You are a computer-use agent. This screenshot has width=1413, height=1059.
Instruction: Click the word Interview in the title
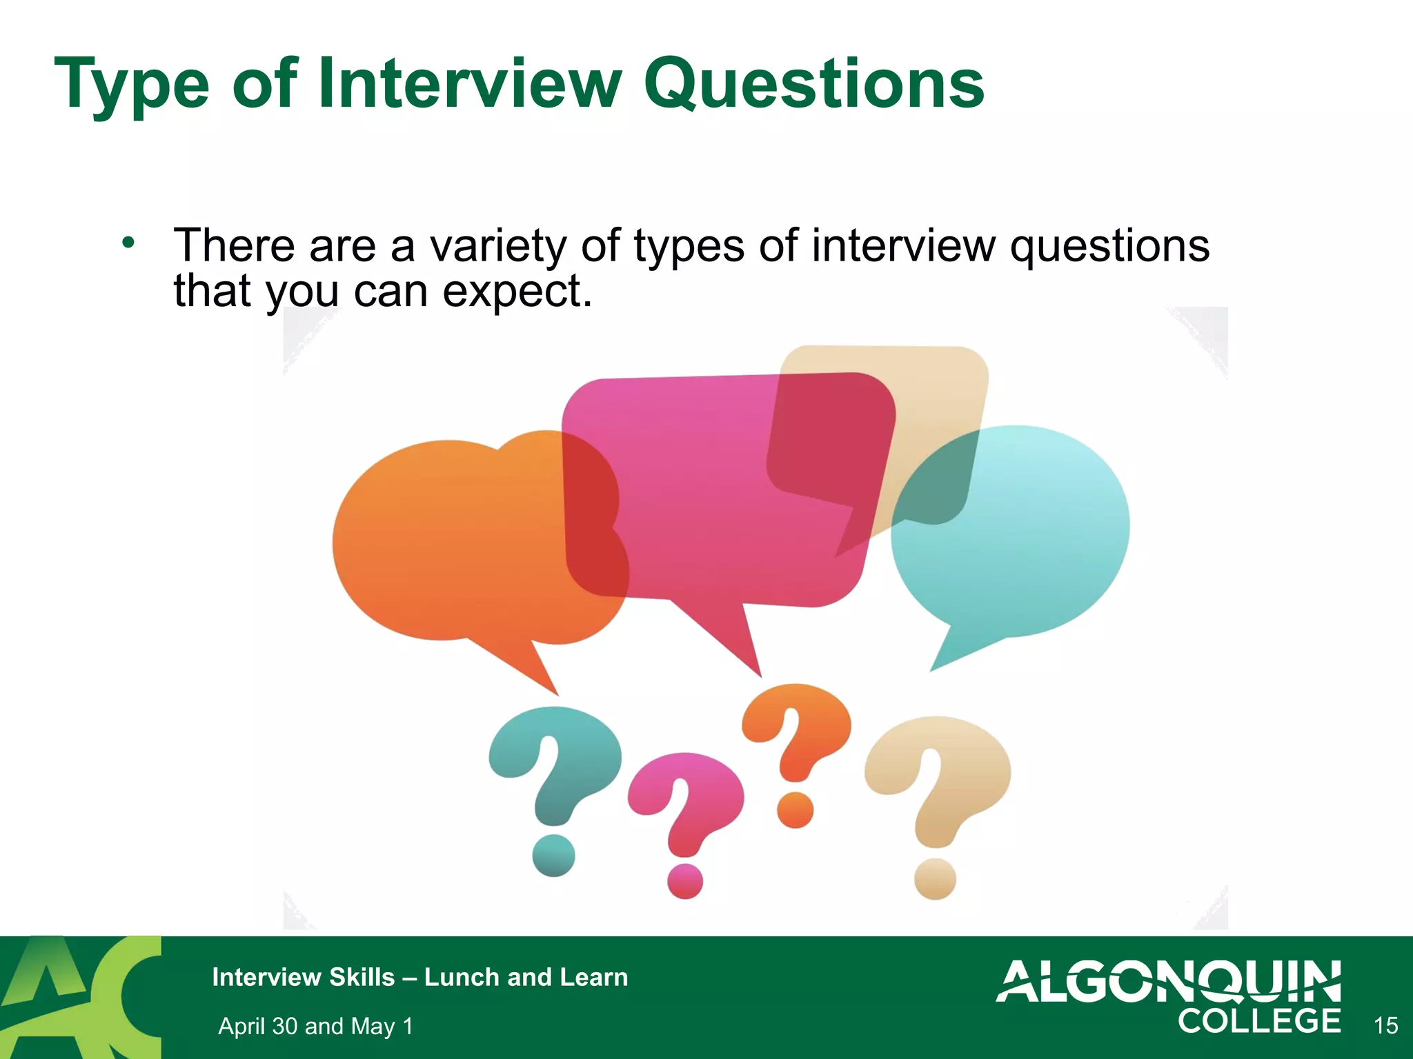tap(469, 84)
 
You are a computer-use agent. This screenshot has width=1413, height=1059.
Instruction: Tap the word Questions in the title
tap(814, 85)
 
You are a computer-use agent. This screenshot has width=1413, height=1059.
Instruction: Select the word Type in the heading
tap(131, 85)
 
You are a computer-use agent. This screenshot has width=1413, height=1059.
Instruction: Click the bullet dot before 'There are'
tap(128, 243)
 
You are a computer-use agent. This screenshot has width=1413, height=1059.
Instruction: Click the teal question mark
tap(555, 765)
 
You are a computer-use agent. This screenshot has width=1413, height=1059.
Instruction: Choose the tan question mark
tap(938, 779)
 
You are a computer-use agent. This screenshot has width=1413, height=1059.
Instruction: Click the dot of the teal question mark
tap(553, 855)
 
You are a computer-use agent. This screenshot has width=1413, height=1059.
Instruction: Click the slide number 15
tap(1385, 1026)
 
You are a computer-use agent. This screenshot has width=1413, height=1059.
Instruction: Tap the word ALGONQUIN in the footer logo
tap(1168, 981)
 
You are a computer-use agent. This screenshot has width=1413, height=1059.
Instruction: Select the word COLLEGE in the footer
tap(1259, 1022)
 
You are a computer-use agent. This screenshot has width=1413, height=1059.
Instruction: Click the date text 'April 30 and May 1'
tap(315, 1026)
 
